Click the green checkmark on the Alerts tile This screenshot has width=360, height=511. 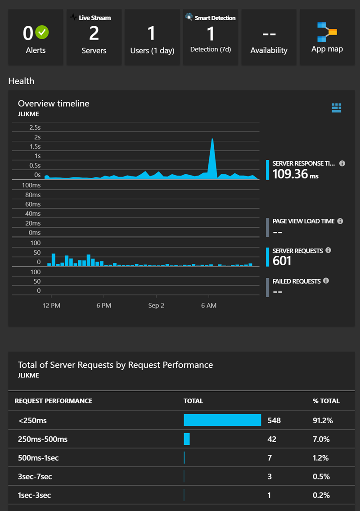[42, 32]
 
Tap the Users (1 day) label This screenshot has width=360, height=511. [152, 50]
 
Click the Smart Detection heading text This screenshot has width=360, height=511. [215, 18]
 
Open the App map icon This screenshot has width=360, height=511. [327, 32]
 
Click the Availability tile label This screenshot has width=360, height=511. [269, 50]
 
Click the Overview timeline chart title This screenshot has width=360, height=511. [54, 104]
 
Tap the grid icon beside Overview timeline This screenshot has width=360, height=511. [337, 107]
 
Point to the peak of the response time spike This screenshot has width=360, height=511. [212, 139]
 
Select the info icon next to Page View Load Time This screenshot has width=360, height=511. [340, 221]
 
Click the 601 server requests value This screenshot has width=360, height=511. [282, 261]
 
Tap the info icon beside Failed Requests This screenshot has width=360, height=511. [326, 281]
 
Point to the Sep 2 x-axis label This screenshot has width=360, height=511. [156, 306]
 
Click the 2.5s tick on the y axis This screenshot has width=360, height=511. [35, 127]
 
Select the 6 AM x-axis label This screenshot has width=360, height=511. [209, 306]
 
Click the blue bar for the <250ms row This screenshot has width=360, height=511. [222, 420]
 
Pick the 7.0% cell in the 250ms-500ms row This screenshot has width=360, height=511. [321, 439]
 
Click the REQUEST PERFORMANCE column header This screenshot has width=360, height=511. [54, 401]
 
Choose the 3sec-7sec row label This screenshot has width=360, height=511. [36, 476]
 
